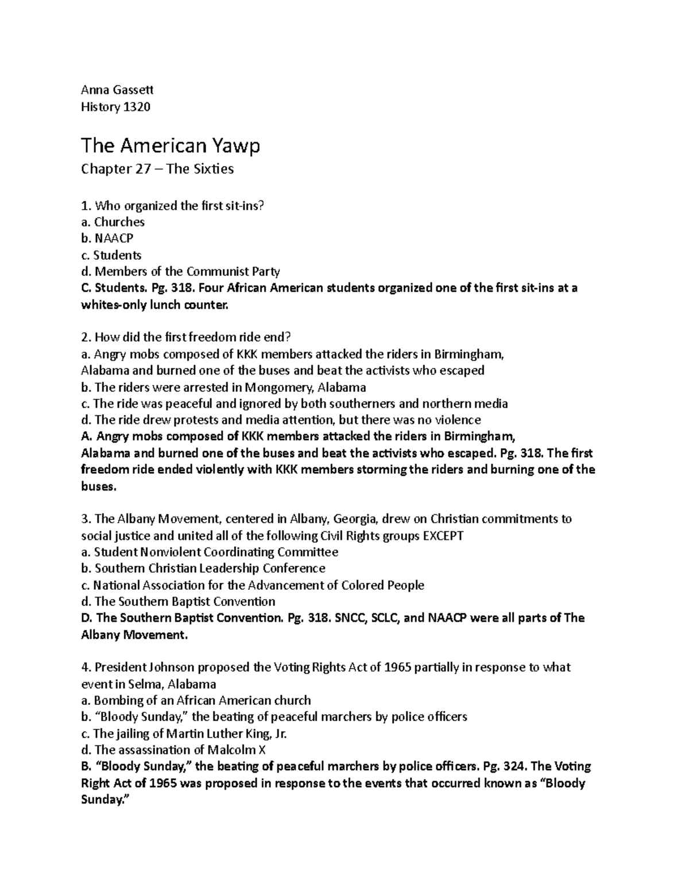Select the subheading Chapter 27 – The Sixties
click(157, 169)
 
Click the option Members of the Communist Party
click(187, 272)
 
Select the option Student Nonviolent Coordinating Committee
click(216, 553)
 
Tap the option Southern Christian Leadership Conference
click(210, 569)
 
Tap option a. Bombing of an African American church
click(196, 701)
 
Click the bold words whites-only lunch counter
click(154, 305)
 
